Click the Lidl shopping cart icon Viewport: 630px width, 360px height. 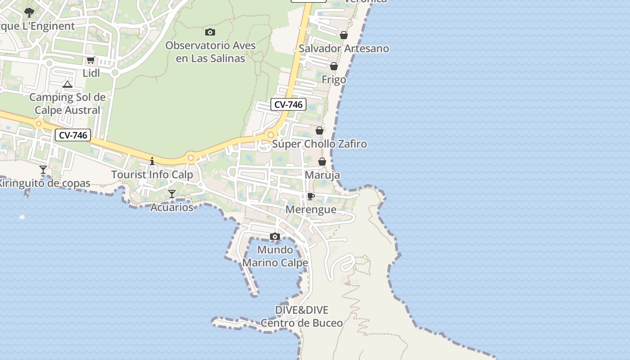(90, 60)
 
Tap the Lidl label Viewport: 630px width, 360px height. (91, 73)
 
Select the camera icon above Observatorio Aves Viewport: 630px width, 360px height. (210, 32)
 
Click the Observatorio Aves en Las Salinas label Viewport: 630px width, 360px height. (210, 52)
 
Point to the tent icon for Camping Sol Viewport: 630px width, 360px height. (67, 84)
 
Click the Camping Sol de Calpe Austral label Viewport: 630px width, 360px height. (67, 103)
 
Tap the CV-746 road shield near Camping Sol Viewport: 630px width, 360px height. (73, 135)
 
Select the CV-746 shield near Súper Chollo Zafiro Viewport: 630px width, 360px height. (288, 105)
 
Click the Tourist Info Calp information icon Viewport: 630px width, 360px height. (152, 161)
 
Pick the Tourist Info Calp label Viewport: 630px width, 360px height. (152, 175)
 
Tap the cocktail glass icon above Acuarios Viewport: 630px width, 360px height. (171, 194)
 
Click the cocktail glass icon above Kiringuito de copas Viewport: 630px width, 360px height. (43, 170)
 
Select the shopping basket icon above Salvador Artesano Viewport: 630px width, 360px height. (344, 35)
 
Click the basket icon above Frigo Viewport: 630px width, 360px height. (334, 66)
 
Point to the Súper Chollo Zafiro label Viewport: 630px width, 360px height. (319, 144)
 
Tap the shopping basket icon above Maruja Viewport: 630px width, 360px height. (322, 162)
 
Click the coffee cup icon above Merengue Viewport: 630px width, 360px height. (310, 196)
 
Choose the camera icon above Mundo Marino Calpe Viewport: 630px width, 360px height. (275, 237)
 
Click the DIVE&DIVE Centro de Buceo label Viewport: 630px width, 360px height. (301, 316)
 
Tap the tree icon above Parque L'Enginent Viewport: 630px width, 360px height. (29, 13)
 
